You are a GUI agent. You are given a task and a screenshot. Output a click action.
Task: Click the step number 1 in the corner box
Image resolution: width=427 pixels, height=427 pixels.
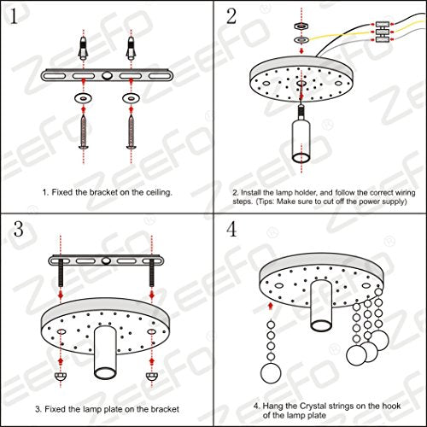point(15,18)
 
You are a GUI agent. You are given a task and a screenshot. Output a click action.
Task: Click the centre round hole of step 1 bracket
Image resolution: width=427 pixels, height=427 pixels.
point(107,75)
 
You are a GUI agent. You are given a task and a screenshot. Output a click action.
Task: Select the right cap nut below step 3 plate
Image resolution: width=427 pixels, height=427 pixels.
point(152,375)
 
